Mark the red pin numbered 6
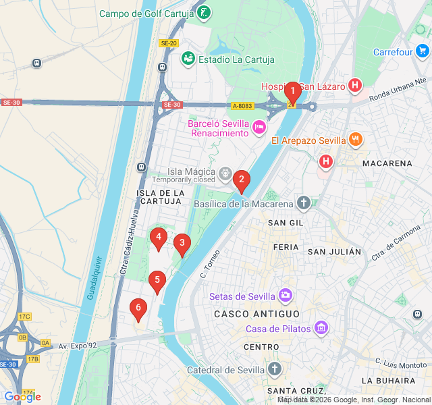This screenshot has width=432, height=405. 138,310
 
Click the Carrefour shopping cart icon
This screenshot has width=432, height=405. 422,51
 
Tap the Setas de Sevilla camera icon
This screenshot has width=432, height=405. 286,296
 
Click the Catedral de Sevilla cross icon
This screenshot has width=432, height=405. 274,369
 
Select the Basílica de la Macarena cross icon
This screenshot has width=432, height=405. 304,203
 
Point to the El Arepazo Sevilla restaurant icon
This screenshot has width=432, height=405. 356,140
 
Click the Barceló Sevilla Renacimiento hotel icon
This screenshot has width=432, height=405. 259,128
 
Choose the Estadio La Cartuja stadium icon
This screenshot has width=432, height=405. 188,59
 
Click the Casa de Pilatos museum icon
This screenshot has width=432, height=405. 321,329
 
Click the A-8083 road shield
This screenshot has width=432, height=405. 242,106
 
